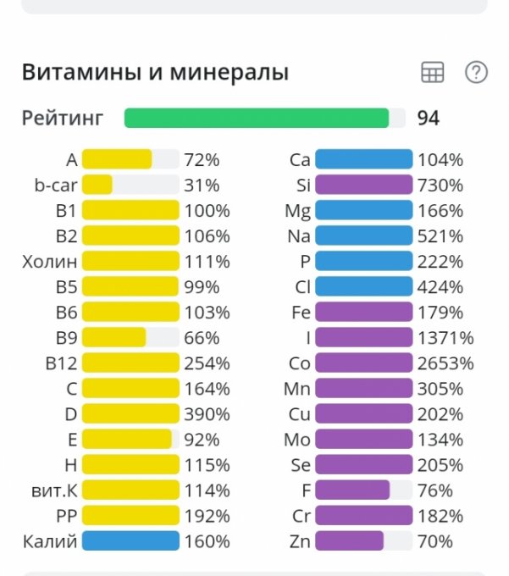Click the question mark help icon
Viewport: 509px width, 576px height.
[476, 73]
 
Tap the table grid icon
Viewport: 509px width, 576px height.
[432, 73]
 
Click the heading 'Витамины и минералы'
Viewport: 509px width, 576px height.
[155, 73]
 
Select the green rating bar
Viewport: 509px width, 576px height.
[257, 118]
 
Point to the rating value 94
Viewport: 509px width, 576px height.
[429, 118]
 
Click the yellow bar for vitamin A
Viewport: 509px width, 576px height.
[117, 159]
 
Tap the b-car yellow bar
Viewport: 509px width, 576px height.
[97, 185]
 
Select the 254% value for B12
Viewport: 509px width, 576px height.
[207, 363]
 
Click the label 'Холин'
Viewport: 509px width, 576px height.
[50, 262]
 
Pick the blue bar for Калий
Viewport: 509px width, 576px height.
[130, 541]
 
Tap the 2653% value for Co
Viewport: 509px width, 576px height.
[445, 363]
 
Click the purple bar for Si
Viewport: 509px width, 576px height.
[363, 185]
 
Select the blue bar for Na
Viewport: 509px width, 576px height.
[363, 236]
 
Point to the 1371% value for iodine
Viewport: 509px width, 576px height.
[445, 338]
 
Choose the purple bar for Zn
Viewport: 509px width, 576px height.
[349, 541]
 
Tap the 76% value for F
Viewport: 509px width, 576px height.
[435, 490]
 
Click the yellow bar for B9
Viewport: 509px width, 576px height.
[114, 338]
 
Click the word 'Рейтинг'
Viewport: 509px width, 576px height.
[63, 118]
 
